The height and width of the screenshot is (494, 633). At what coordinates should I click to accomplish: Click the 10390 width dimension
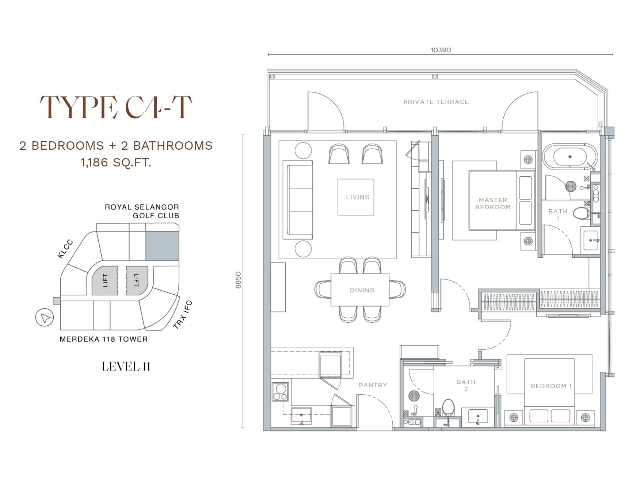click(x=441, y=50)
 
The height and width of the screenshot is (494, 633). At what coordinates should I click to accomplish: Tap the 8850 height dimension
click(x=238, y=280)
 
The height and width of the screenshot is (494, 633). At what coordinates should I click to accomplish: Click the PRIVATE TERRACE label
click(x=436, y=102)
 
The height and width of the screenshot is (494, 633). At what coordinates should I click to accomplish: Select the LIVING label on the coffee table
click(x=358, y=197)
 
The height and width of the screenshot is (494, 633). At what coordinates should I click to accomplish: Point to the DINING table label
click(x=362, y=290)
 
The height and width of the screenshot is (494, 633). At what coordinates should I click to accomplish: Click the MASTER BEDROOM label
click(x=493, y=203)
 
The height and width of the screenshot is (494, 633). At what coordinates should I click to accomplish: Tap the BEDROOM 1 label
click(x=551, y=386)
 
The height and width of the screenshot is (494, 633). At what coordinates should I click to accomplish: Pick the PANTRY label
click(x=373, y=385)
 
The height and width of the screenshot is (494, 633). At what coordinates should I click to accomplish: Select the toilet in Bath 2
click(x=448, y=407)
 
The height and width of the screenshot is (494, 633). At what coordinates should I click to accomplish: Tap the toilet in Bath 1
click(x=581, y=213)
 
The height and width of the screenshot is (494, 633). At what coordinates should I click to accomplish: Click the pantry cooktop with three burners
click(x=280, y=392)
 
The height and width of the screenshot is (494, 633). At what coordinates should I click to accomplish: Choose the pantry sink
click(x=301, y=416)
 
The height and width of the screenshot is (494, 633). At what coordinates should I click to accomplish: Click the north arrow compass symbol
click(x=45, y=318)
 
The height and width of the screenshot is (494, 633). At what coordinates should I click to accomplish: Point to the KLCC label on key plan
click(x=65, y=249)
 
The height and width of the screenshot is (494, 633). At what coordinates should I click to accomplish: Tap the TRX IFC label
click(x=183, y=314)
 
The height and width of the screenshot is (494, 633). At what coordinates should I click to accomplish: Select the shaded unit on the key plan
click(x=162, y=246)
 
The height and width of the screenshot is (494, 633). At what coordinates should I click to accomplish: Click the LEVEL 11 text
click(x=126, y=367)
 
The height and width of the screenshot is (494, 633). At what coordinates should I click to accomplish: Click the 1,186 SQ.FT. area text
click(x=116, y=162)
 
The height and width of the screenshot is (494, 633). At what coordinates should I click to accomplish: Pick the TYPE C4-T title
click(x=116, y=107)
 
